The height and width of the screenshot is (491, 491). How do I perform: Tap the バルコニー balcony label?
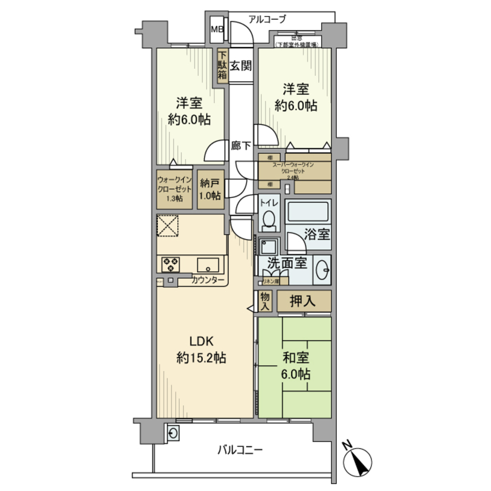tap(240, 449)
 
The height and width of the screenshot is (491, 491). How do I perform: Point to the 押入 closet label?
tap(303, 300)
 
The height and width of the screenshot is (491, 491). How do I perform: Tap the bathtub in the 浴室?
tap(308, 212)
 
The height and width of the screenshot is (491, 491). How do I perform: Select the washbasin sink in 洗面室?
tap(322, 269)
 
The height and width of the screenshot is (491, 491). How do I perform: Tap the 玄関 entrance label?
tap(241, 65)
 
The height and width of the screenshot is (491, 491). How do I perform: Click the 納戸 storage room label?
tap(210, 189)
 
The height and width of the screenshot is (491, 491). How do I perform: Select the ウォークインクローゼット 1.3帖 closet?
tap(174, 189)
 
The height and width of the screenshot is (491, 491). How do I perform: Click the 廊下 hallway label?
tap(241, 145)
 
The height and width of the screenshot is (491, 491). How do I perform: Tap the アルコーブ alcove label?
tap(267, 20)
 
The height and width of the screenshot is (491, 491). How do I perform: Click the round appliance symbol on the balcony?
tap(173, 433)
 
